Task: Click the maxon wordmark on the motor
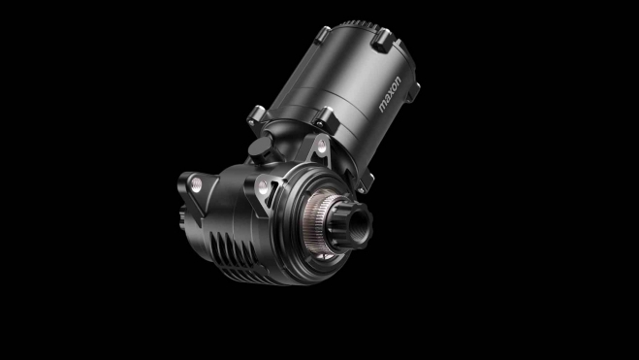pyautogui.click(x=390, y=94)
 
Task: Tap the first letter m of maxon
pyautogui.click(x=383, y=108)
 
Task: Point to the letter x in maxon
pyautogui.click(x=391, y=93)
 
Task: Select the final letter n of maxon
pyautogui.click(x=398, y=80)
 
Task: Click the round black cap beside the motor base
pyautogui.click(x=260, y=148)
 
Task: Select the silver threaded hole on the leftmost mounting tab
pyautogui.click(x=196, y=184)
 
